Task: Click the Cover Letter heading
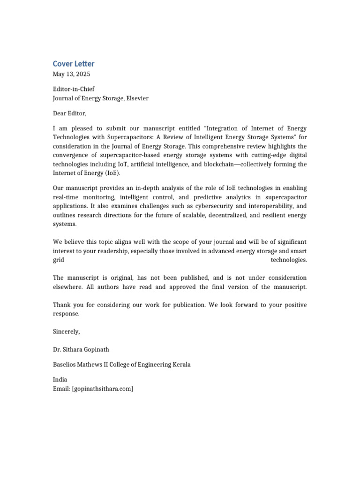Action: tap(74, 64)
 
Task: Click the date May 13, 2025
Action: tap(72, 74)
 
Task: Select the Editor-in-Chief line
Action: tap(74, 89)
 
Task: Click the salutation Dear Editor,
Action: tap(70, 113)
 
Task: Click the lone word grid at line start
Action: tap(59, 260)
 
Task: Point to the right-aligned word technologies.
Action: tap(289, 260)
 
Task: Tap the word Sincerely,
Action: tap(67, 332)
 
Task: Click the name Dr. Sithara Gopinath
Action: tap(81, 349)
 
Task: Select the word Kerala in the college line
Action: tap(181, 364)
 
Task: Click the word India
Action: tap(60, 380)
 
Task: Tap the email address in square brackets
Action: tap(102, 389)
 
